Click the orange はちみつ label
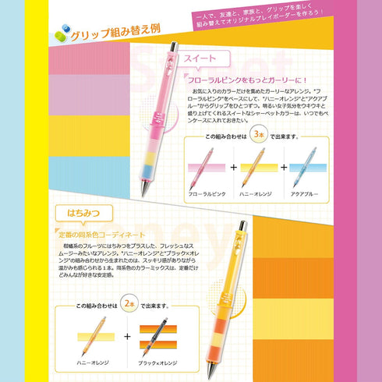83,212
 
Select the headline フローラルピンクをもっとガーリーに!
247,80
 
